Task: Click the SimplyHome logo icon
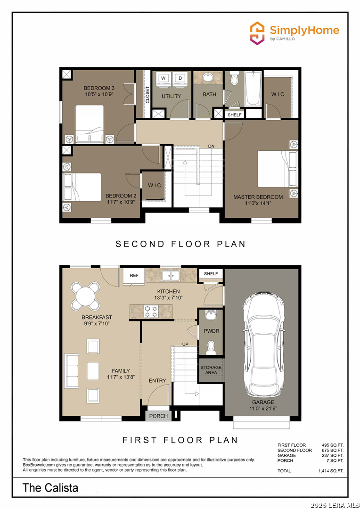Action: pos(257,33)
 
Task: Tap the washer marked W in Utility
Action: pos(164,78)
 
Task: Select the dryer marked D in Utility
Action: pos(180,78)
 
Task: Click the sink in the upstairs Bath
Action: pos(208,78)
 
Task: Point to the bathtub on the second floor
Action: pos(253,89)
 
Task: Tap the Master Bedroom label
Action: pos(258,197)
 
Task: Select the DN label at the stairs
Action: pos(211,147)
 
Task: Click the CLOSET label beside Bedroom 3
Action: pos(147,95)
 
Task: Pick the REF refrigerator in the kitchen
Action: pos(134,277)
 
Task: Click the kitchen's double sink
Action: pos(171,275)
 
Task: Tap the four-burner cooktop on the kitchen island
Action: pos(151,311)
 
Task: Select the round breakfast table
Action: pos(86,296)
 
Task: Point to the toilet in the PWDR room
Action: pos(211,347)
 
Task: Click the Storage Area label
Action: pos(211,370)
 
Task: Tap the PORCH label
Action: pos(158,416)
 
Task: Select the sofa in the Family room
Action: pos(72,371)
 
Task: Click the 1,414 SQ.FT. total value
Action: pos(331,471)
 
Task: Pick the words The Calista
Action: pos(50,488)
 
